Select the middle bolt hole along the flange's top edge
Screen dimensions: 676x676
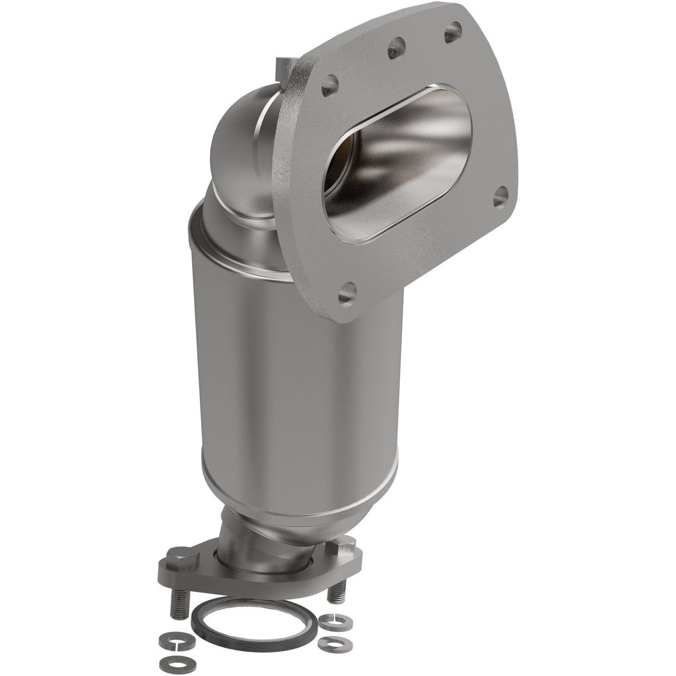[396, 43]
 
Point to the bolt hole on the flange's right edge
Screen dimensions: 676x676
[501, 196]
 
